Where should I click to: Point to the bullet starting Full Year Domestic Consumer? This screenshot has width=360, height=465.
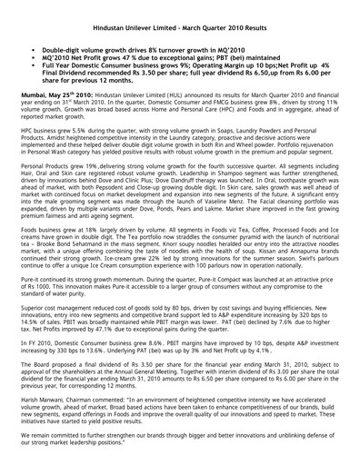coord(118,62)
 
